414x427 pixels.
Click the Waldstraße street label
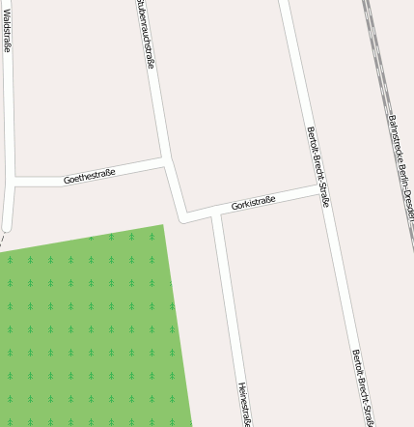(x=8, y=29)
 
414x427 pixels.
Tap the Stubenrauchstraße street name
(x=146, y=34)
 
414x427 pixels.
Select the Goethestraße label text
(x=89, y=176)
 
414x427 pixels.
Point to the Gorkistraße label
(x=254, y=203)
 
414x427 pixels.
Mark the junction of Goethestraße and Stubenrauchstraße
(x=166, y=164)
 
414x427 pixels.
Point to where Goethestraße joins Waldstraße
(x=12, y=181)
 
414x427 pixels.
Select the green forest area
(x=87, y=328)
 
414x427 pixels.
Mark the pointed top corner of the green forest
(x=161, y=227)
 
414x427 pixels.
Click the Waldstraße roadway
(x=9, y=116)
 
